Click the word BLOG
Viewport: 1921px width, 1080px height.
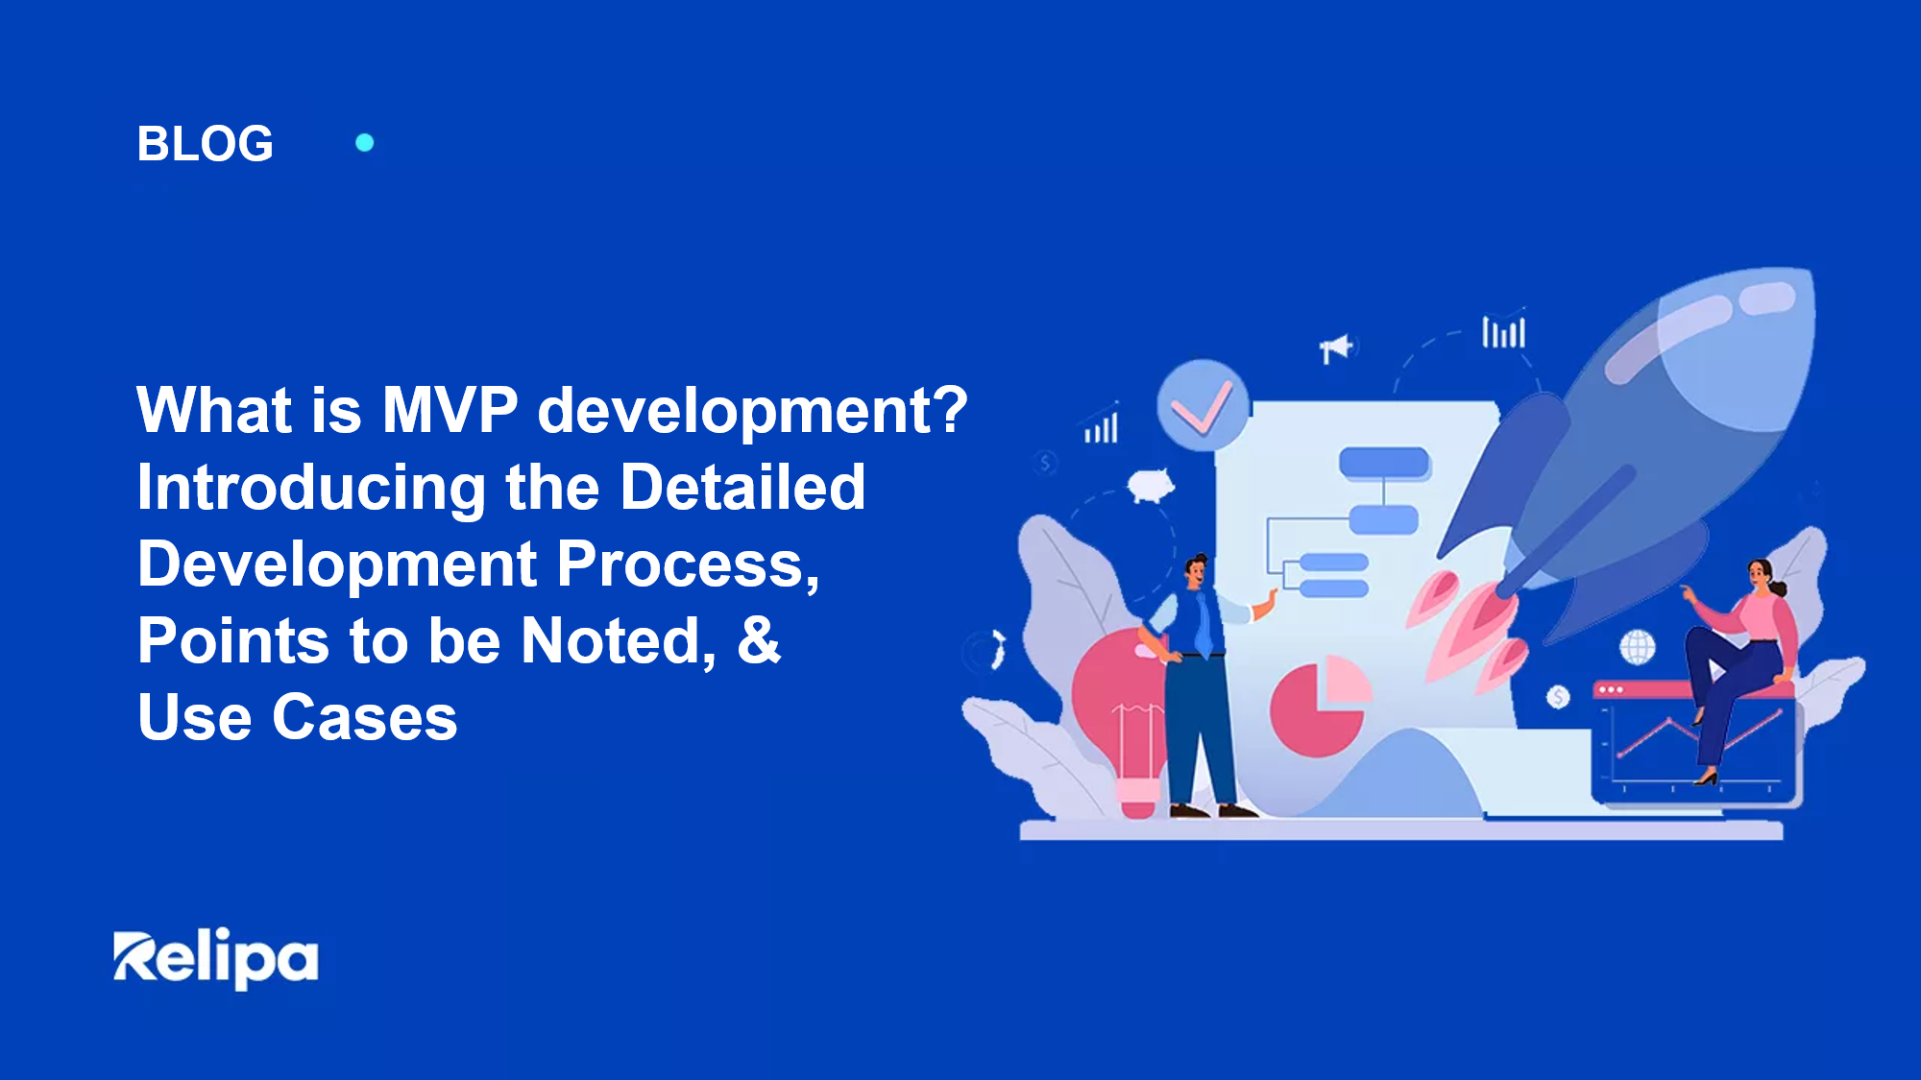coord(205,144)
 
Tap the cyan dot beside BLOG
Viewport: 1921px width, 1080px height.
coord(365,143)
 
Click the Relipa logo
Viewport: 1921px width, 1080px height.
coord(216,958)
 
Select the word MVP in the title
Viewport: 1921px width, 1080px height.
coord(450,411)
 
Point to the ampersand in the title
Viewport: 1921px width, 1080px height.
coord(758,640)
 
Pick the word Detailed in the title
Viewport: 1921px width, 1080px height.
coord(742,488)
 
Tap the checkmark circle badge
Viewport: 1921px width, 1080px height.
coord(1202,406)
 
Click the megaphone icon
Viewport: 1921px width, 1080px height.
coord(1335,348)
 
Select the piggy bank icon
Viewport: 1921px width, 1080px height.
coord(1151,485)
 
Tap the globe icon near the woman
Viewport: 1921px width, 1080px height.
coord(1638,646)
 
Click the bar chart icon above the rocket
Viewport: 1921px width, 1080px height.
coord(1503,331)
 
